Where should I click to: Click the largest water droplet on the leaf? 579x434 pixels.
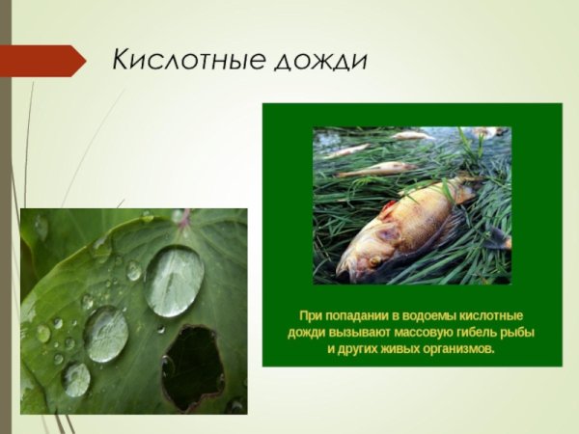point(174,281)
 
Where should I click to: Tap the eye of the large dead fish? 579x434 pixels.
point(372,259)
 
